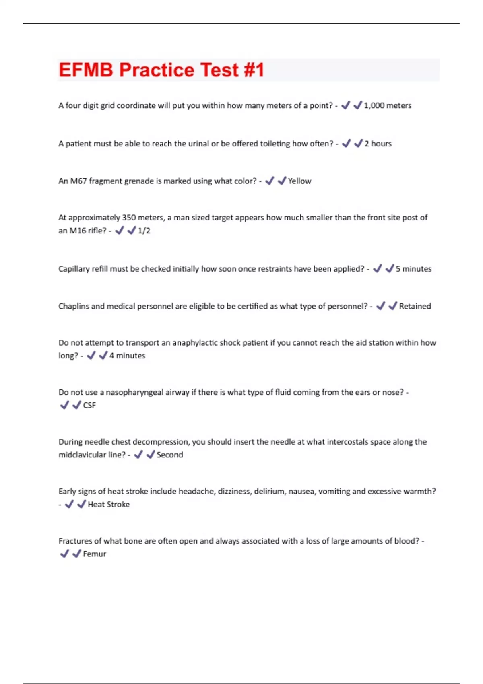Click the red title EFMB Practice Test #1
coord(161,70)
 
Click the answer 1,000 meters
coord(388,105)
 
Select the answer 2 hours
coord(378,144)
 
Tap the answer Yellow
coord(299,181)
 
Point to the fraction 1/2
coord(144,231)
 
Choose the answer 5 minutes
coord(413,269)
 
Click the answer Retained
coord(415,306)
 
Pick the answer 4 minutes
coord(127,356)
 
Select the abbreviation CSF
coord(89,405)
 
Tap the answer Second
coord(169,455)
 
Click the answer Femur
coord(95,554)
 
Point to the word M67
coord(78,181)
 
